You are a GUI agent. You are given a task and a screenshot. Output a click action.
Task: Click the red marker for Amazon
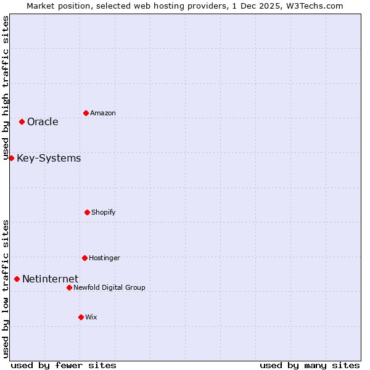pos(86,113)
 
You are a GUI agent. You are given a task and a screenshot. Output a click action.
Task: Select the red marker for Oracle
pos(22,121)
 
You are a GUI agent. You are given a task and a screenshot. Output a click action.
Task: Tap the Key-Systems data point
pos(11,158)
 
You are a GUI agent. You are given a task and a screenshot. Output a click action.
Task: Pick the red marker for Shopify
pos(87,212)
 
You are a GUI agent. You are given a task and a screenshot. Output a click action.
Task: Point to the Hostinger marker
pos(84,258)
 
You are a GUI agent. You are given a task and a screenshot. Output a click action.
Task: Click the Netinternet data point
pos(17,279)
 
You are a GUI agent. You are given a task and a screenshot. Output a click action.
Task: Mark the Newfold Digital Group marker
pos(69,287)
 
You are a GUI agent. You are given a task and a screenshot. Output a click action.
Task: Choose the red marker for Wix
pos(81,317)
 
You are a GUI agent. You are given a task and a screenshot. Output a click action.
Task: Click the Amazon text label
pos(103,113)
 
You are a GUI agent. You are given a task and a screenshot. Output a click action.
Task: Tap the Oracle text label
pos(43,122)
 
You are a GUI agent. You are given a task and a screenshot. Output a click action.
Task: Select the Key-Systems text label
pos(49,158)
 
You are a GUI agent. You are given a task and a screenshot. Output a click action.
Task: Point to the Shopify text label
pos(104,213)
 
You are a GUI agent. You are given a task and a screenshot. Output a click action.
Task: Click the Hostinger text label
pos(104,258)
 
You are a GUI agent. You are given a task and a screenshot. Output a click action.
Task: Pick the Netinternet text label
pos(50,279)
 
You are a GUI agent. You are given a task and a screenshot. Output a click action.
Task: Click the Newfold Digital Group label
pos(110,288)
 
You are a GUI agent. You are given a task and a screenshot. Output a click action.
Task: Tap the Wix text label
pos(91,318)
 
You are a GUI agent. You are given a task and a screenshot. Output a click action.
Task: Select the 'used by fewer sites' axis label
pos(64,365)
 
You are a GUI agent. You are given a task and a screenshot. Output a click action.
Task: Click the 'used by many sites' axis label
pos(310,365)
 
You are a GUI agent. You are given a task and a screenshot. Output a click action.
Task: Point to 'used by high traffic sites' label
pos(6,88)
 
